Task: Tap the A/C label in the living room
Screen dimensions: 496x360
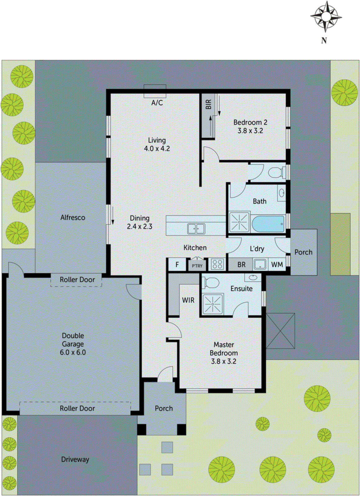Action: pyautogui.click(x=157, y=103)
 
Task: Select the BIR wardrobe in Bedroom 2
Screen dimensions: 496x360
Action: pyautogui.click(x=208, y=115)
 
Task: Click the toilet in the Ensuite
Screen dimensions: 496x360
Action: pyautogui.click(x=211, y=283)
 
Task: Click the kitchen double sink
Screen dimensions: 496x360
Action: pyautogui.click(x=196, y=229)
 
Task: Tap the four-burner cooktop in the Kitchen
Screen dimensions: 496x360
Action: pyautogui.click(x=217, y=264)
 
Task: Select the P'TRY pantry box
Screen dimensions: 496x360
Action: pyautogui.click(x=197, y=266)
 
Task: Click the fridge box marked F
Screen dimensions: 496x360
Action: pyautogui.click(x=177, y=265)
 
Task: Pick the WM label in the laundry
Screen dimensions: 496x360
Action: pyautogui.click(x=277, y=264)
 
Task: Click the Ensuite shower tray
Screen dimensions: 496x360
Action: pyautogui.click(x=213, y=304)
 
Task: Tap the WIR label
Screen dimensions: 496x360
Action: pyautogui.click(x=188, y=300)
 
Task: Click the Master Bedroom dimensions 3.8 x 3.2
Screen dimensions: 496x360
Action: pyautogui.click(x=224, y=361)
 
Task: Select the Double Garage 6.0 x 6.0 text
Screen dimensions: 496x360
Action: pyautogui.click(x=73, y=352)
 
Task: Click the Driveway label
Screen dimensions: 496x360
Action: pyautogui.click(x=75, y=459)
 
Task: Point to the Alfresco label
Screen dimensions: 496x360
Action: pyautogui.click(x=73, y=218)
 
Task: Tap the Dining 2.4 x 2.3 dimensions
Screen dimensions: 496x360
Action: pyautogui.click(x=140, y=227)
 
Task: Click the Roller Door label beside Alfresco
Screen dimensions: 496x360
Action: pyautogui.click(x=77, y=280)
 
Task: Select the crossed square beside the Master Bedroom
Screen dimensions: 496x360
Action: pyautogui.click(x=280, y=331)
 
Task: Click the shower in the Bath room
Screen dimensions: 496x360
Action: pyautogui.click(x=239, y=222)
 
